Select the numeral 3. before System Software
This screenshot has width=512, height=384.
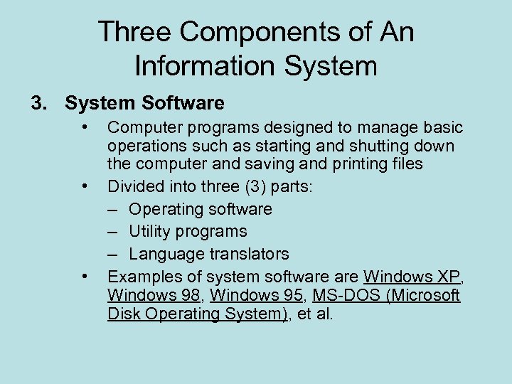click(x=39, y=104)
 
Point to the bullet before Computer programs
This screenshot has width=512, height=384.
click(x=85, y=127)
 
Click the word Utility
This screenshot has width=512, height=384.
click(x=151, y=231)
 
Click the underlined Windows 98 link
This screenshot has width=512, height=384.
click(x=154, y=294)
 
